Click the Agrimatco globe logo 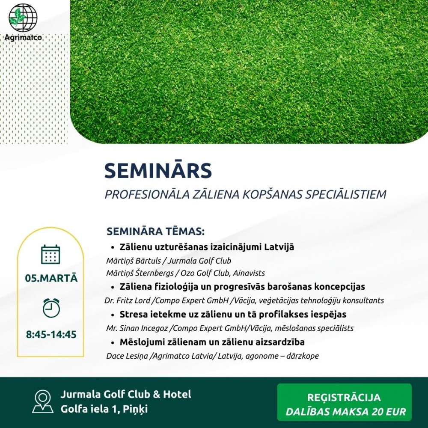click(23, 18)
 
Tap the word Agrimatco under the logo click(23, 37)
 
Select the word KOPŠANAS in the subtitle click(272, 194)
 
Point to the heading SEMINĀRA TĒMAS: click(155, 232)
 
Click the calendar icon click(51, 254)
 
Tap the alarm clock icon click(51, 308)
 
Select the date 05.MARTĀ click(51, 278)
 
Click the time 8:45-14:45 click(51, 334)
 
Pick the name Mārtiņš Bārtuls click(134, 261)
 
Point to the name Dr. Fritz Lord click(127, 300)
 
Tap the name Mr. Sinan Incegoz click(137, 328)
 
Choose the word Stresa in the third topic click(132, 314)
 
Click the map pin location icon click(43, 401)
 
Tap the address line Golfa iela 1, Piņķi click(104, 409)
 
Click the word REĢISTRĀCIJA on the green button click(344, 397)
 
